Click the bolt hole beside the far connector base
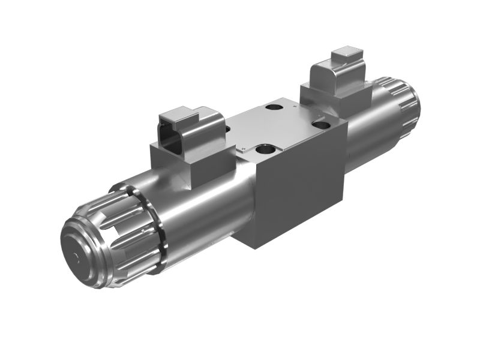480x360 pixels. (x=321, y=125)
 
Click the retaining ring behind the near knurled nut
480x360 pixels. (x=157, y=228)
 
